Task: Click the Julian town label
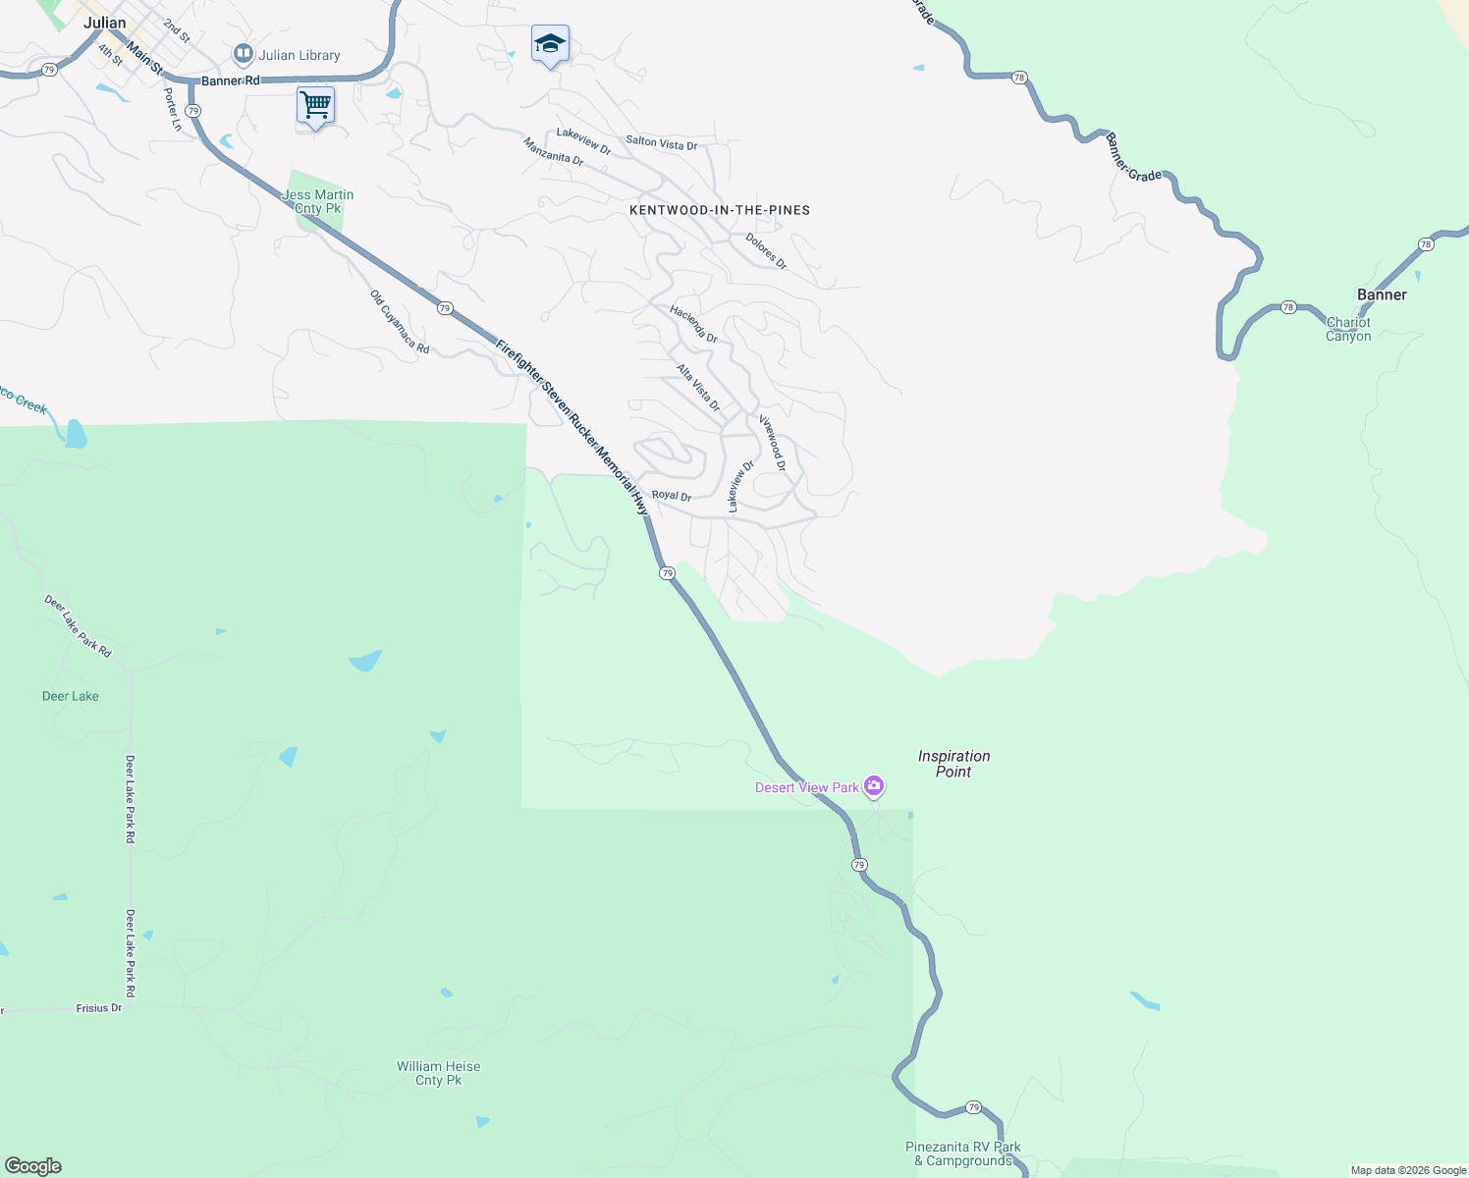[x=104, y=23]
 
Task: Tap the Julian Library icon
[x=243, y=54]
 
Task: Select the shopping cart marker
[x=315, y=104]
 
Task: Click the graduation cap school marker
[x=550, y=43]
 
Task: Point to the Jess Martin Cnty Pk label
[x=318, y=201]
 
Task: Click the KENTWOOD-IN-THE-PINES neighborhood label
[x=720, y=210]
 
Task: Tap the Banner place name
[x=1382, y=294]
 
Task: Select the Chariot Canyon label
[x=1348, y=329]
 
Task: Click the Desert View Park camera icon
[x=874, y=786]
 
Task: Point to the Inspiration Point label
[x=953, y=764]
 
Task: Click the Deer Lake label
[x=71, y=696]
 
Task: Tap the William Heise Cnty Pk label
[x=439, y=1073]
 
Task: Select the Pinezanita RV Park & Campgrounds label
[x=963, y=1153]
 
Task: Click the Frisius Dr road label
[x=99, y=1008]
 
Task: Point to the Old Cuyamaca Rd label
[x=400, y=321]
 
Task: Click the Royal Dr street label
[x=672, y=496]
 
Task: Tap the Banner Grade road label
[x=1133, y=157]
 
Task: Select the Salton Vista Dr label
[x=662, y=143]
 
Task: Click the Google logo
[x=33, y=1165]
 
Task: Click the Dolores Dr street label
[x=766, y=250]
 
